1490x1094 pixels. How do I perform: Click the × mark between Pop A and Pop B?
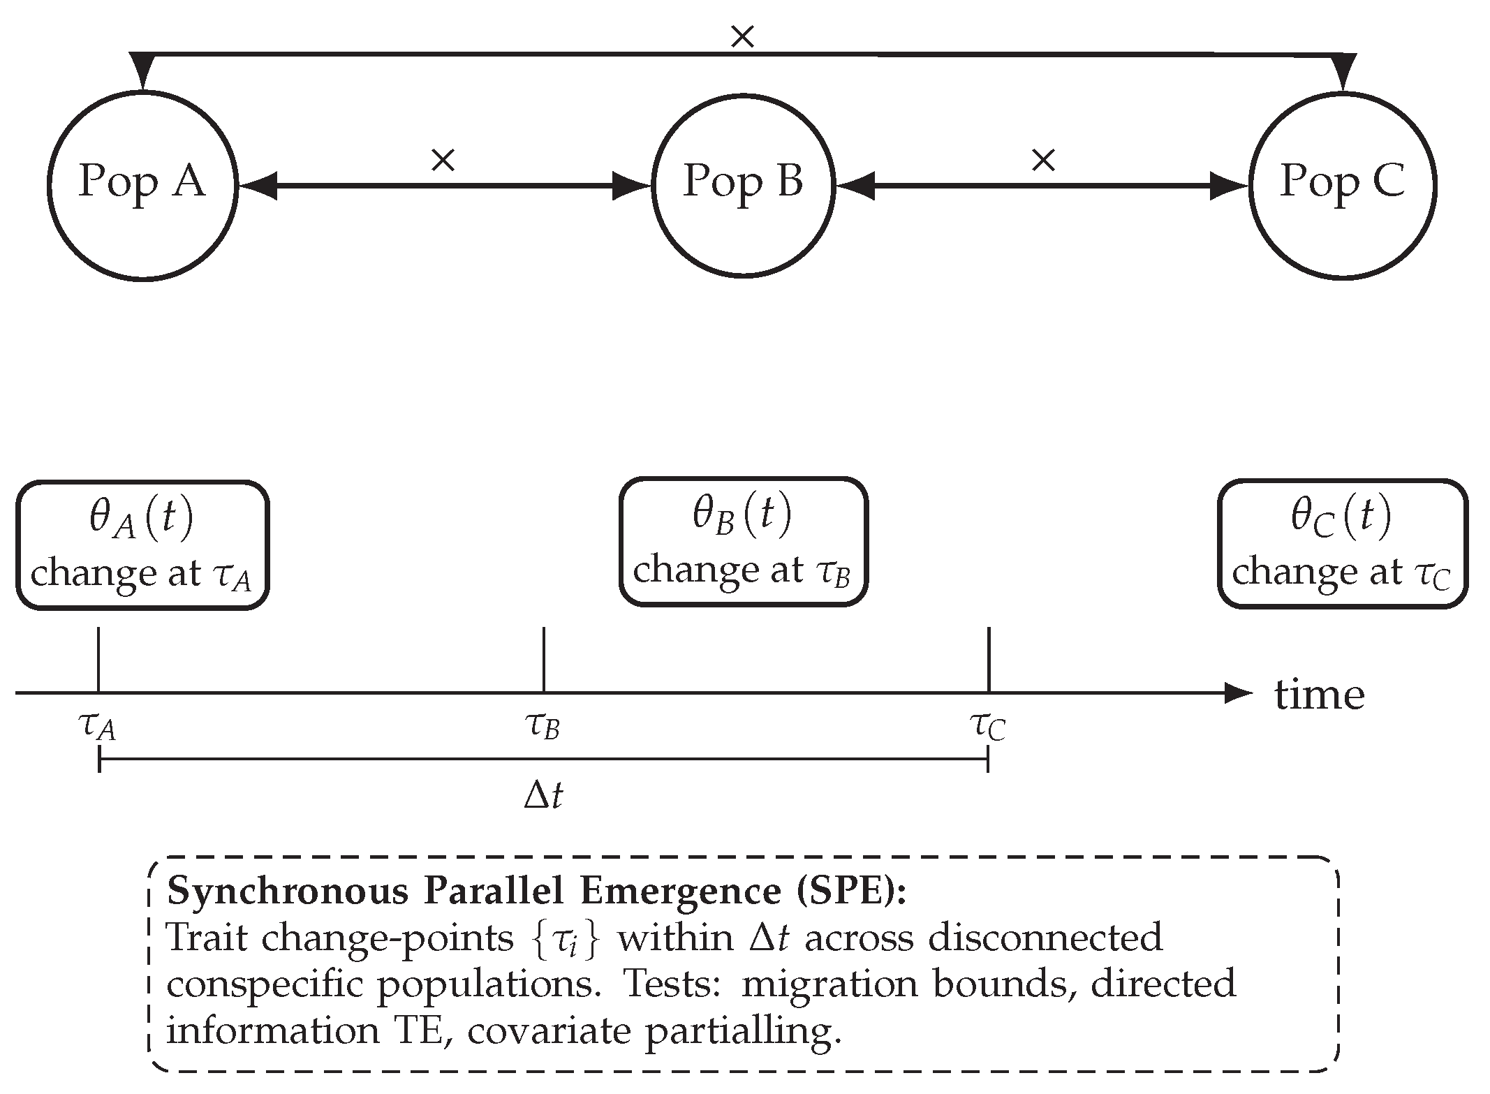tap(443, 161)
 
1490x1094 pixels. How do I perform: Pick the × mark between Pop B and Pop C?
tap(1043, 161)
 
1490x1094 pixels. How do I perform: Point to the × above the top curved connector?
tap(742, 37)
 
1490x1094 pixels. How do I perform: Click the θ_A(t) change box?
tap(142, 545)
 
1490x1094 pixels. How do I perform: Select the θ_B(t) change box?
tap(743, 542)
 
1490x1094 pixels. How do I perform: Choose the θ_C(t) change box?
tap(1342, 544)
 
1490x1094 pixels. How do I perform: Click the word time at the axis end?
tap(1319, 695)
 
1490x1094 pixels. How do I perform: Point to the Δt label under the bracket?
tap(543, 795)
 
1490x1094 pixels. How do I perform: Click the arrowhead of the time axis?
tap(1239, 693)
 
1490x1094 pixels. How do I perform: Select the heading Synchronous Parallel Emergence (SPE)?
tap(536, 892)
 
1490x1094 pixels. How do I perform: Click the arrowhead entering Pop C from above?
tap(1343, 74)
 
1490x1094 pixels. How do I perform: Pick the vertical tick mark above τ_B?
tap(543, 660)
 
